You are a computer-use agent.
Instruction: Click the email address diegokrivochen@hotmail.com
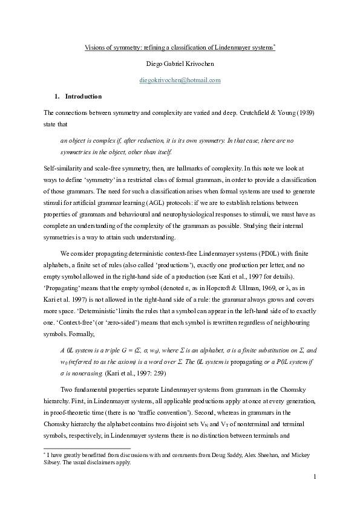(x=180, y=79)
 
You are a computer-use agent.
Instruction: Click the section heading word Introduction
(x=83, y=96)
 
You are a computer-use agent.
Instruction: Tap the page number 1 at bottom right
(x=315, y=478)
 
